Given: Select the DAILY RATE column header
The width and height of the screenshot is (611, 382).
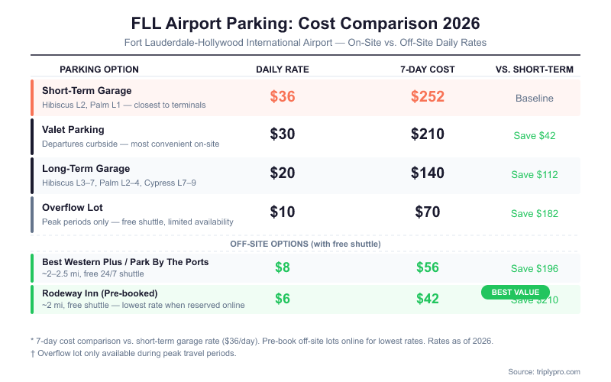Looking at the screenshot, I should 282,70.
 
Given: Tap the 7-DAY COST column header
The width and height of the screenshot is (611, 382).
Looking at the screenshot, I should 427,70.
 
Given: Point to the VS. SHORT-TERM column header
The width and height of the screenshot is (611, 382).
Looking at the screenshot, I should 535,70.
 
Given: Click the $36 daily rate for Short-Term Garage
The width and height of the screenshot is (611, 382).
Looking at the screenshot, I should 282,97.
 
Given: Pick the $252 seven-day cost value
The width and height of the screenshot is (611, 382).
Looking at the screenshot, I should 427,97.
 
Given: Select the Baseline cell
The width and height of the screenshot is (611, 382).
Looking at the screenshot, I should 535,98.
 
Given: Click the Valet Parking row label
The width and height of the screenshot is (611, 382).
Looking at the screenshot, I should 73,130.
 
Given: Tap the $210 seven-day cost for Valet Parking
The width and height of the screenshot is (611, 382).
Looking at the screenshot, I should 427,134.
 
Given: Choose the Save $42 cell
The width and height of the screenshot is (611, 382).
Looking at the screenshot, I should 535,136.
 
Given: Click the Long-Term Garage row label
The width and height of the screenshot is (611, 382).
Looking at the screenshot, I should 86,169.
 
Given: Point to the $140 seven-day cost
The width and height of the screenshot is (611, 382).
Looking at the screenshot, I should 427,173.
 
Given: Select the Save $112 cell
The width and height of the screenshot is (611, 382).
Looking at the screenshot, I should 535,175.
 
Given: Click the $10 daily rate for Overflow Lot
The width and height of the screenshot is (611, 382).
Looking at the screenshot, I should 282,212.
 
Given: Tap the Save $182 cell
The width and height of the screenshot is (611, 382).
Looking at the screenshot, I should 535,214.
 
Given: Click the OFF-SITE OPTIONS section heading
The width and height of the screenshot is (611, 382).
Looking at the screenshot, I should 305,244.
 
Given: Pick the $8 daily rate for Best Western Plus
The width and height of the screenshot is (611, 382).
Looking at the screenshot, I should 282,267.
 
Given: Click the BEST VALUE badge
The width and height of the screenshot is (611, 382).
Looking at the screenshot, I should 515,292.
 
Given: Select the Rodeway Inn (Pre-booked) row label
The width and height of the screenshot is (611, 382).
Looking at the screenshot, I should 100,293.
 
